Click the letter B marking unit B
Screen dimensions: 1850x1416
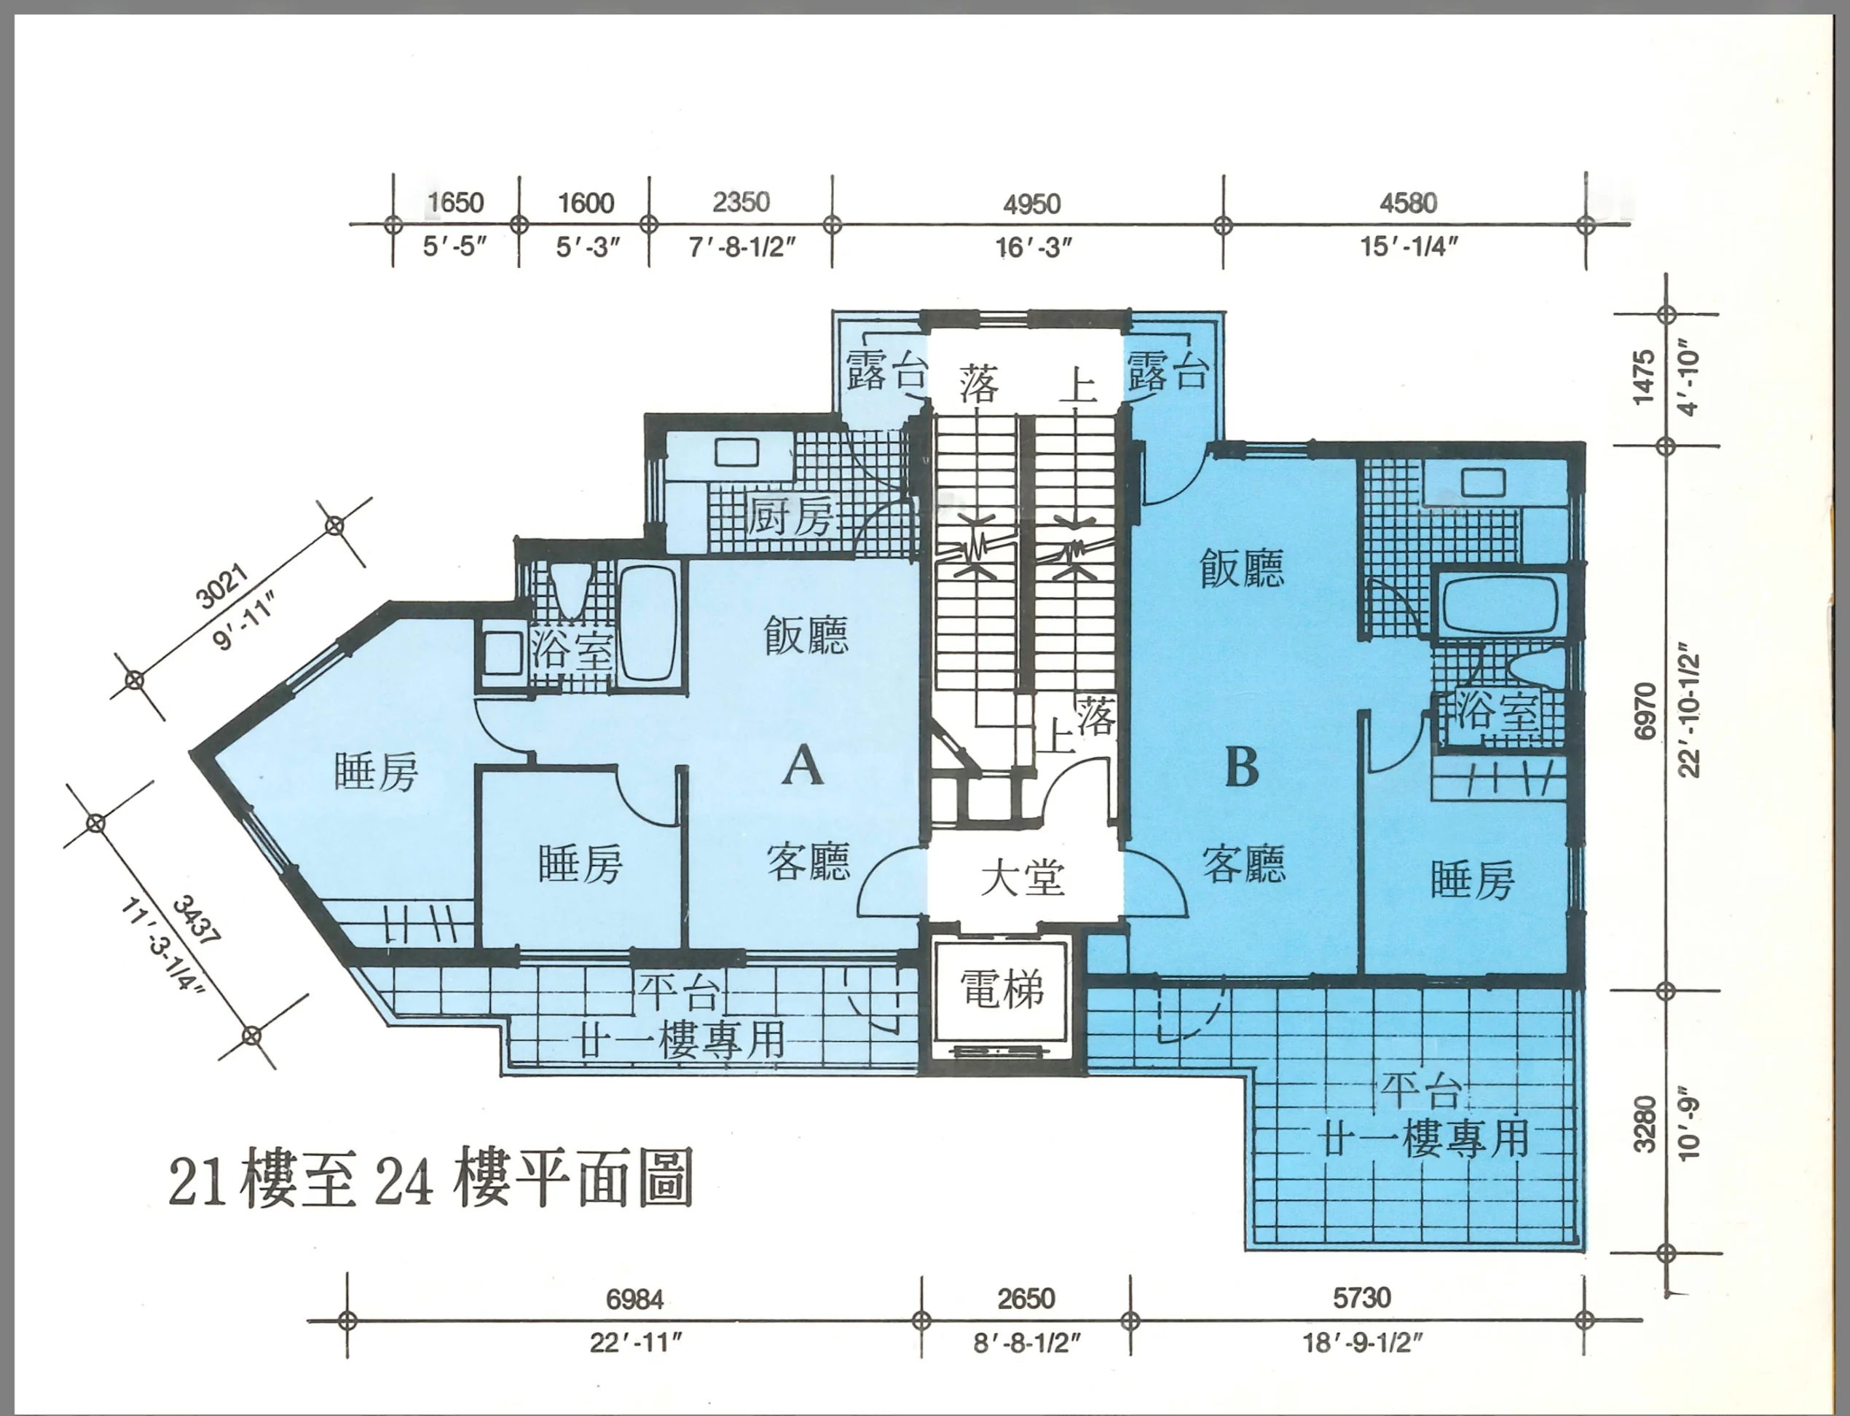click(1241, 767)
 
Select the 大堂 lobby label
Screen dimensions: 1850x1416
click(1023, 877)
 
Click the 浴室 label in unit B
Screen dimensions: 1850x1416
click(1497, 711)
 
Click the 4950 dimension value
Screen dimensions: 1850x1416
click(1031, 204)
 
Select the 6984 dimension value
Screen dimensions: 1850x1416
click(635, 1299)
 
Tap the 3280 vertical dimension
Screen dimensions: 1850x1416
click(1645, 1124)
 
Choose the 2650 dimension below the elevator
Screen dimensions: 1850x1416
click(1026, 1298)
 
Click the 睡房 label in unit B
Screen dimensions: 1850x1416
click(1472, 879)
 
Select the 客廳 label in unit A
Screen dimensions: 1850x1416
click(808, 861)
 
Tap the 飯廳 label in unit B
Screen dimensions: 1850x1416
click(1241, 567)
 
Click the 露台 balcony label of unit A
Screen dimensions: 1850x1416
click(886, 372)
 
